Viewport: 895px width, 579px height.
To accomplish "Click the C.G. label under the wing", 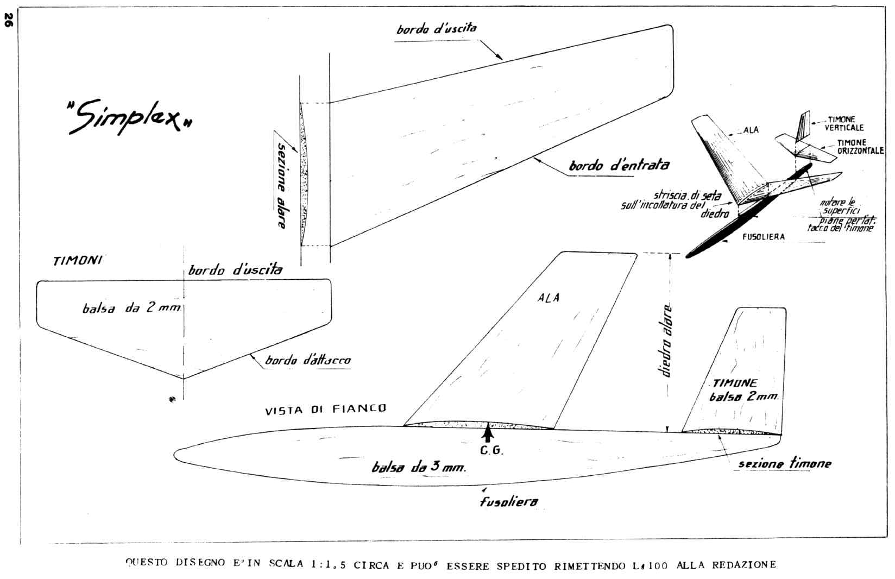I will pyautogui.click(x=491, y=450).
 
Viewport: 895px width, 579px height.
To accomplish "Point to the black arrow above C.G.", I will pyautogui.click(x=488, y=433).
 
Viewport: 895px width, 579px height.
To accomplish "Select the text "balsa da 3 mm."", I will pyautogui.click(x=419, y=467).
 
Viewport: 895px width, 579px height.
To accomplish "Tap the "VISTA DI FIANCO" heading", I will pyautogui.click(x=325, y=409).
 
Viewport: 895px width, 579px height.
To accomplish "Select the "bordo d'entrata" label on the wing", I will pyautogui.click(x=619, y=165).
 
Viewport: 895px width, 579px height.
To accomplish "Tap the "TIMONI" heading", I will pyautogui.click(x=78, y=260).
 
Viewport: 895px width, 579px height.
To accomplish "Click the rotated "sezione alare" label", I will pyautogui.click(x=281, y=185).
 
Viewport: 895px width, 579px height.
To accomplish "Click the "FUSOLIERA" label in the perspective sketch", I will pyautogui.click(x=763, y=237).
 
